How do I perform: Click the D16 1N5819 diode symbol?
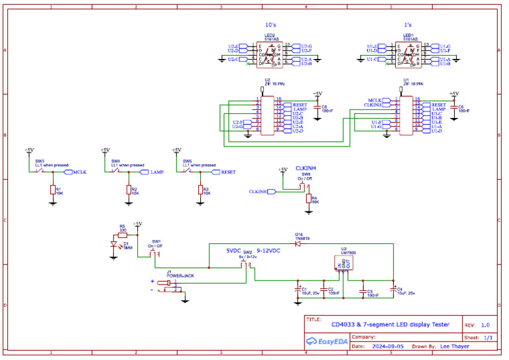298,243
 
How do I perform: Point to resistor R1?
53,190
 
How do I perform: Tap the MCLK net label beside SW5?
80,172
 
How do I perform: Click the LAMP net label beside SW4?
156,172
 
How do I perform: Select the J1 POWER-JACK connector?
171,284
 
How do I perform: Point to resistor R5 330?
122,233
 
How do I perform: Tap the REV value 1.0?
485,325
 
